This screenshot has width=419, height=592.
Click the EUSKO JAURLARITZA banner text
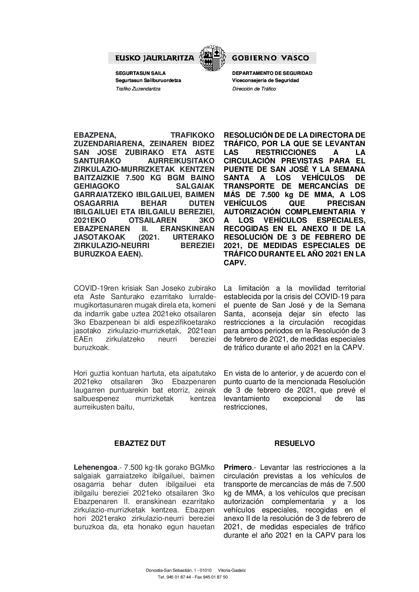pos(155,58)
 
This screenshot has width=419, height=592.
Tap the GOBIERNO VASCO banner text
pos(270,58)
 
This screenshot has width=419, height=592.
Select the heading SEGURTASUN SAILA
pos(141,73)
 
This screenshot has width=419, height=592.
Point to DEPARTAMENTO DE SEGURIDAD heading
pos(272,73)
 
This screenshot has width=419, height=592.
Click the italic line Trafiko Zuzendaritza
pos(138,89)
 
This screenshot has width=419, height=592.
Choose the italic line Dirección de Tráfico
pos(254,89)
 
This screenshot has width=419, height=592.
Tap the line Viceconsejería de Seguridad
pos(265,81)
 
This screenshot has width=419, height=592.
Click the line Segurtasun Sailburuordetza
pos(148,81)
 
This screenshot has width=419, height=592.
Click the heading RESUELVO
pos(294,443)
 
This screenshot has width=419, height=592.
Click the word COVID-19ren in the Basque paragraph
pos(92,289)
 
